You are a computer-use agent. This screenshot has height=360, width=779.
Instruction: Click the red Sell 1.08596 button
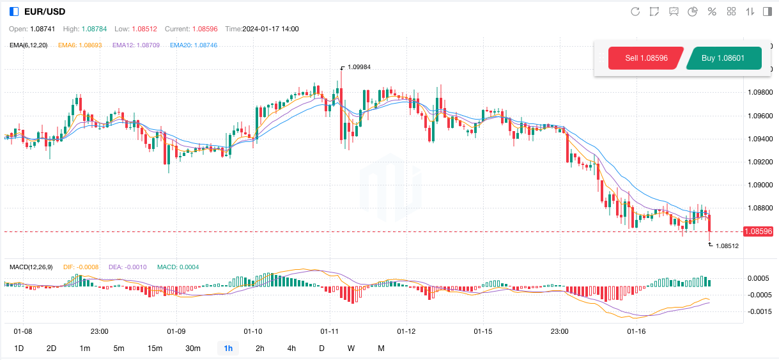[x=646, y=58]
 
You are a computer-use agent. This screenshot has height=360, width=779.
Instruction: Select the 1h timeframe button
[x=228, y=348]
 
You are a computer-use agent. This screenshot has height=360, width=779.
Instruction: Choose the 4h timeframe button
[x=291, y=348]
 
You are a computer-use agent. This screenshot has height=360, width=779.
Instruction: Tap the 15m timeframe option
[x=155, y=348]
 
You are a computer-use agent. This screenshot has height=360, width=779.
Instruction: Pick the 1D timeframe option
[x=19, y=348]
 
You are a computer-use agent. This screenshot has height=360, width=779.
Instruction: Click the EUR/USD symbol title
[x=44, y=12]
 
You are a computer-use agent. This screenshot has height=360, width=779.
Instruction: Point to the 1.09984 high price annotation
[x=359, y=67]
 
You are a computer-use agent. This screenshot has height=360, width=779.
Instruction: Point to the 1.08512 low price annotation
[x=727, y=246]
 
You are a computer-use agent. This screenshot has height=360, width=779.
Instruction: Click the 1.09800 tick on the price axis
[x=760, y=93]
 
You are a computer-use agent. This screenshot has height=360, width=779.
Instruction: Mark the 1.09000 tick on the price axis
[x=760, y=185]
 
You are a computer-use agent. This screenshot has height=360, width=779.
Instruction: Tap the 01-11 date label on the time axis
[x=329, y=331]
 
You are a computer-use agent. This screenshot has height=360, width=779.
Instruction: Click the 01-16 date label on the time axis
[x=636, y=331]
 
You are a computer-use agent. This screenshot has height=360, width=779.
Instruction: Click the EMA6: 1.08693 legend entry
[x=80, y=45]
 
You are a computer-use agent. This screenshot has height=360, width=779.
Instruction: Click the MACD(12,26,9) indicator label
[x=31, y=266]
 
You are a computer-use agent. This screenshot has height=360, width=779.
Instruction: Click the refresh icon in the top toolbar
[x=635, y=12]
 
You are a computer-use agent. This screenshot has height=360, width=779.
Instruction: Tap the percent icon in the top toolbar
[x=712, y=12]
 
